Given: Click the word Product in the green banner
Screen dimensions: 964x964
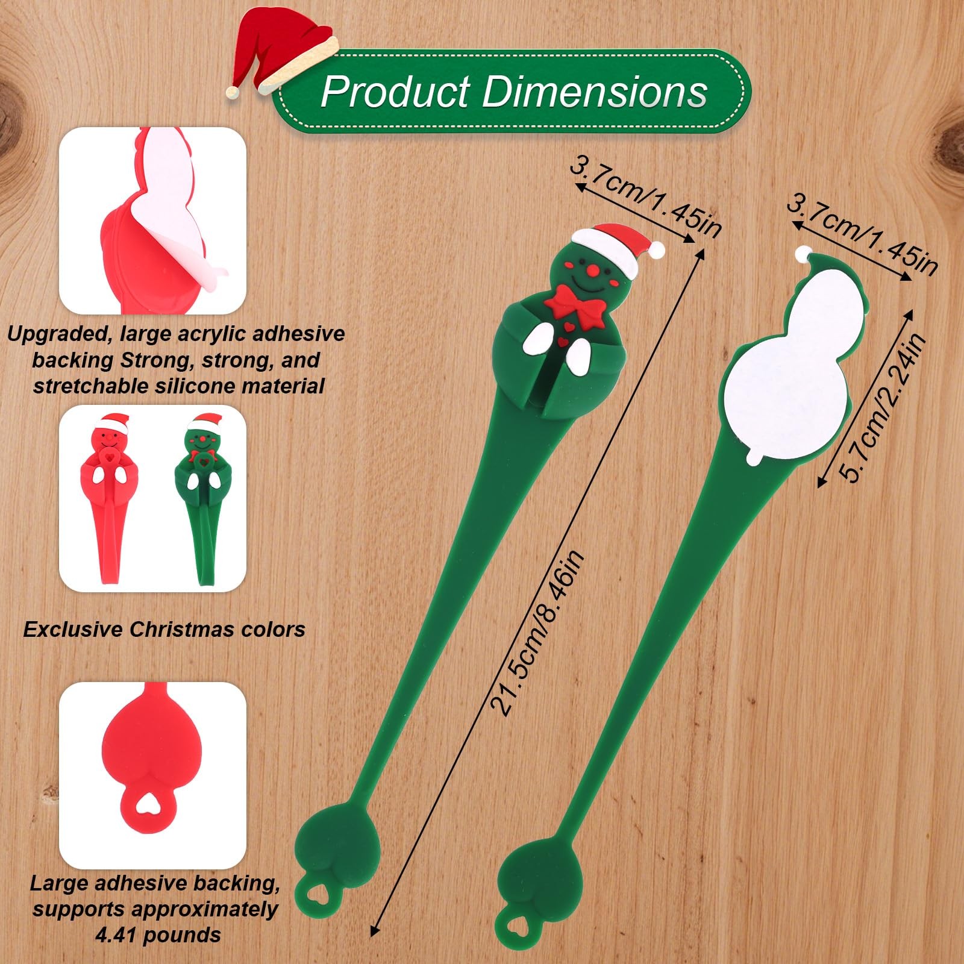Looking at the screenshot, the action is pyautogui.click(x=395, y=92).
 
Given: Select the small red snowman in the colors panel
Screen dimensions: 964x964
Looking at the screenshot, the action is pyautogui.click(x=108, y=494).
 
